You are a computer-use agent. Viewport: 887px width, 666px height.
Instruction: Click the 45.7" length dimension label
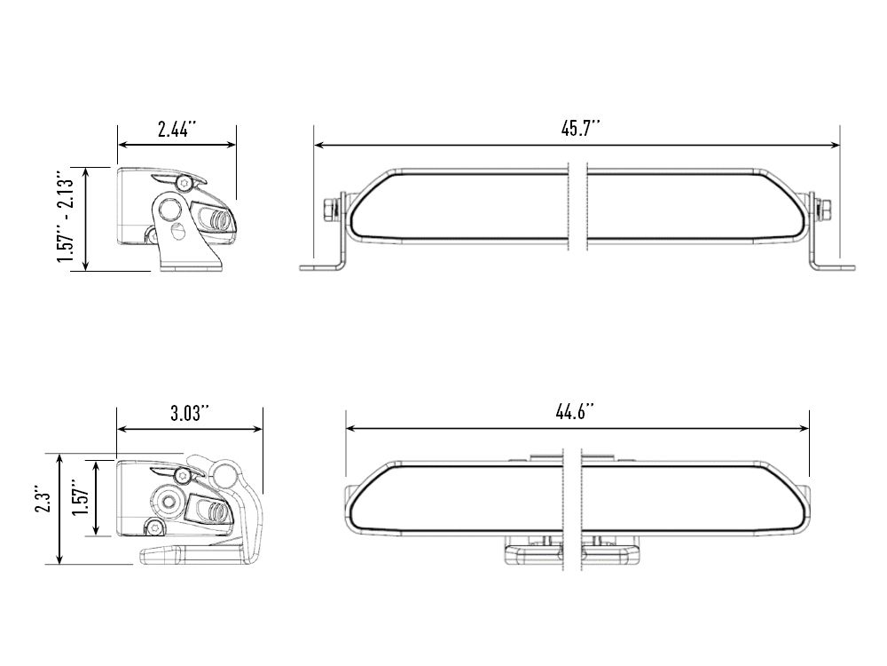(580, 128)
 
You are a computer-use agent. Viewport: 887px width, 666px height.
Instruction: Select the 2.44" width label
(177, 129)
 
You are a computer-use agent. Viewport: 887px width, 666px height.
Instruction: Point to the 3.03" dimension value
(189, 413)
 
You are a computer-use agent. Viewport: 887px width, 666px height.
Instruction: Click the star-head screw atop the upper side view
(184, 182)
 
